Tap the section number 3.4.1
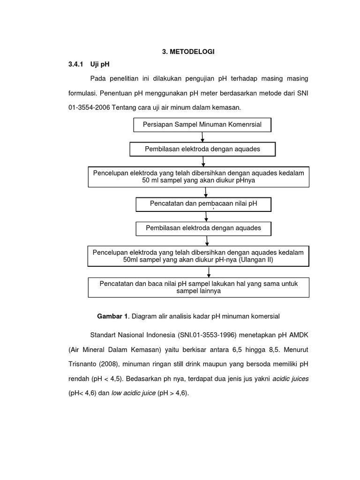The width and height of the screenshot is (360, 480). (x=75, y=65)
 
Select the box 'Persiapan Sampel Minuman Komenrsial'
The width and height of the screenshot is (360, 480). (x=202, y=125)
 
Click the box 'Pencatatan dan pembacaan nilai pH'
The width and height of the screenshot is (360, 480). (x=203, y=204)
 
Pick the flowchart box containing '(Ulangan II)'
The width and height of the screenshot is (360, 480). (x=198, y=256)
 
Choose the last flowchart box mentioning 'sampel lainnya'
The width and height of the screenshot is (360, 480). (x=198, y=287)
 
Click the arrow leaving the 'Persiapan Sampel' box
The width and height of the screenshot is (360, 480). (x=202, y=137)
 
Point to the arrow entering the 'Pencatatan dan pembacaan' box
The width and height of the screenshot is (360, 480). (x=205, y=192)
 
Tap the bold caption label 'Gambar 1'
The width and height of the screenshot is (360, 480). (x=112, y=316)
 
